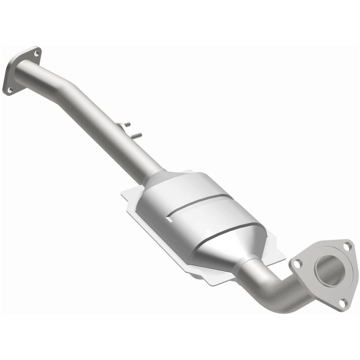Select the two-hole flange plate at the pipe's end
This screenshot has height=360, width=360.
pos(18,72)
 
